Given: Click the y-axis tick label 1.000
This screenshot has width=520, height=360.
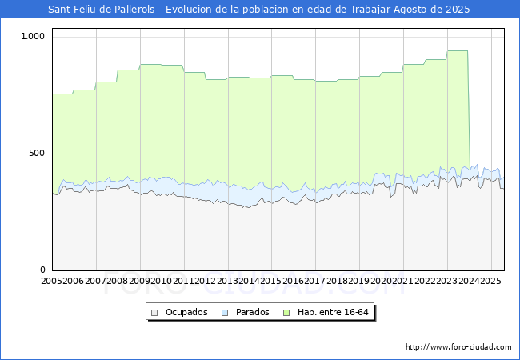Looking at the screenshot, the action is tap(33, 36).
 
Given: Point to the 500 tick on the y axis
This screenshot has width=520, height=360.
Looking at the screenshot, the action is tap(37, 153).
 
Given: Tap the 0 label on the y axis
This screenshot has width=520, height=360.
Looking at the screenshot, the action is tap(42, 270).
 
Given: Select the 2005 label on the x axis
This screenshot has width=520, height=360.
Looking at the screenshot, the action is tap(51, 281).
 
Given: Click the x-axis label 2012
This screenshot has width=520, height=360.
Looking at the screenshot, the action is tap(205, 281).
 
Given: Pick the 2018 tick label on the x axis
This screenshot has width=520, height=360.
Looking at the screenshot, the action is tap(337, 281).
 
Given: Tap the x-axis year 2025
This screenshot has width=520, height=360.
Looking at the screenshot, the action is tap(491, 281).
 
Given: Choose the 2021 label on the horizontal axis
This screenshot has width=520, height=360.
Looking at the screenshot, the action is tap(403, 281).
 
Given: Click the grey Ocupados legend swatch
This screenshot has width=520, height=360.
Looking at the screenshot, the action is tap(154, 313).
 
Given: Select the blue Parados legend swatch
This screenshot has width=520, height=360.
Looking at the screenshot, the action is tap(225, 313).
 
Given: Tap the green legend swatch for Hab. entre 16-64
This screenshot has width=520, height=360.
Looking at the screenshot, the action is tap(286, 313).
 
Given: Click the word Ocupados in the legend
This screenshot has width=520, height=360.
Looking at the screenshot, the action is tap(186, 312).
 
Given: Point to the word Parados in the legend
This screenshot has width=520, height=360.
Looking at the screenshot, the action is tap(252, 312).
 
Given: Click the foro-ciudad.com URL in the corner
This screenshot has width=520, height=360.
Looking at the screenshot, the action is tap(458, 347).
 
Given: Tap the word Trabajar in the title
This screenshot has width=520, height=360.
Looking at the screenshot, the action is tap(370, 10).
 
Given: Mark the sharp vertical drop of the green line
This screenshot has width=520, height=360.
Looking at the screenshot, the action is tap(469, 109).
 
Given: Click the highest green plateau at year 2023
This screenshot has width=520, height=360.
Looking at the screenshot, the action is tap(458, 50).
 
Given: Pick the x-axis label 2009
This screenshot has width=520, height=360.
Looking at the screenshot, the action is tap(139, 281).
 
